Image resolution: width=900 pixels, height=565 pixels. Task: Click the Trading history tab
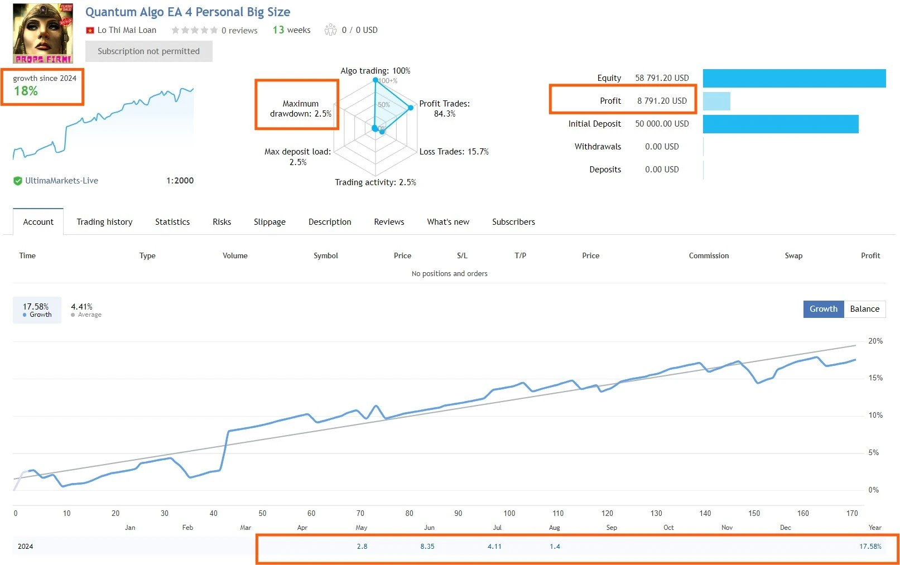coord(104,222)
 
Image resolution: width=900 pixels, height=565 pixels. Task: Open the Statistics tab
coord(172,222)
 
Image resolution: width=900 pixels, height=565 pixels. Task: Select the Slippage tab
coord(269,222)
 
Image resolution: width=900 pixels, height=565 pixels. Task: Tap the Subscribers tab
coord(513,222)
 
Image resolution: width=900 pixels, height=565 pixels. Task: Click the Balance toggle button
coord(864,309)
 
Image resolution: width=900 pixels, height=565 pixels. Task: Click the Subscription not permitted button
coord(148,51)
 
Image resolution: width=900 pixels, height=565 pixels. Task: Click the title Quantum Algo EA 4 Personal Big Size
coord(187,12)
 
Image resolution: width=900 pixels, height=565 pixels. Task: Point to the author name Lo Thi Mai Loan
coord(127,30)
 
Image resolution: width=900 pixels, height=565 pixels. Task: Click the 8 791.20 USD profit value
coord(662,101)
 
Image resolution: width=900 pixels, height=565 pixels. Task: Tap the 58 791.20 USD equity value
coord(662,78)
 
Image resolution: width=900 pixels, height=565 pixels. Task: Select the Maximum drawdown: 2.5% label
coord(300,109)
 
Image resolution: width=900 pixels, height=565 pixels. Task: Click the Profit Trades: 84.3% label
coord(444,109)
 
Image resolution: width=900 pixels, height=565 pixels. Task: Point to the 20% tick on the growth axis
coord(875,341)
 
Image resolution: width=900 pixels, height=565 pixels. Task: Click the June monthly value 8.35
coord(427,547)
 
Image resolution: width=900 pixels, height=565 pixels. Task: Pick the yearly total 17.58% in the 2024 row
coord(870,547)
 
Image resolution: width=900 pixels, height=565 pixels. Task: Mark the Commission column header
coord(709,256)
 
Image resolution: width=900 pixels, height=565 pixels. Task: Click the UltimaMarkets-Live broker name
coord(61,181)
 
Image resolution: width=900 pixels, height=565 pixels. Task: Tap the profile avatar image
coord(43,33)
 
